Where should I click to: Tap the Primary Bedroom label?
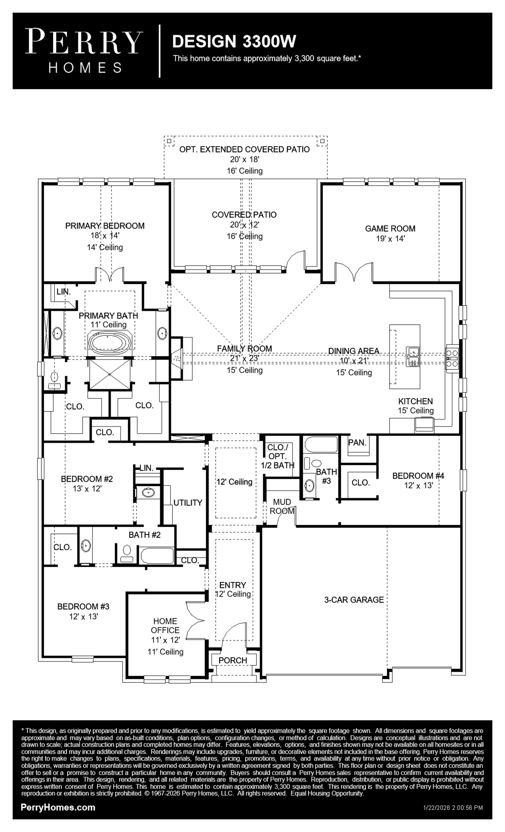(x=105, y=226)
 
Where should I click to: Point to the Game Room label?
(x=390, y=229)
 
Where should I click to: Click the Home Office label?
(x=165, y=625)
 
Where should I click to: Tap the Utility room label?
(x=188, y=503)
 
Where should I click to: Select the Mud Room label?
(x=282, y=507)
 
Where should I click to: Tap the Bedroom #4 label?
(x=418, y=476)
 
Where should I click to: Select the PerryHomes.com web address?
(x=58, y=807)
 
